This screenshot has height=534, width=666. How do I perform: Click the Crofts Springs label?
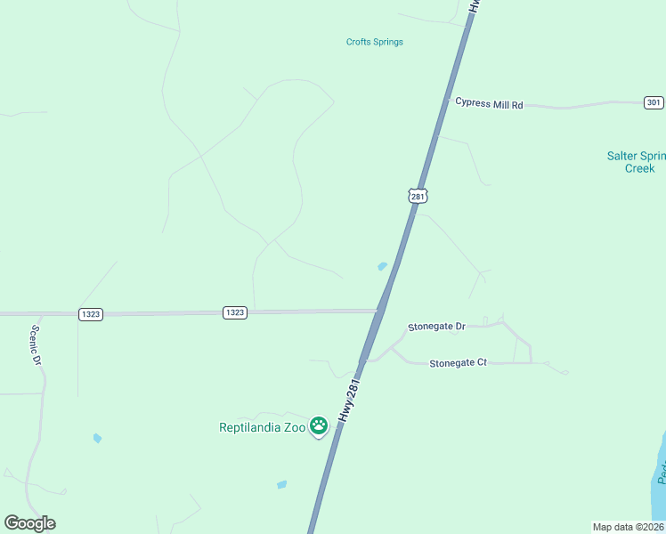point(374,42)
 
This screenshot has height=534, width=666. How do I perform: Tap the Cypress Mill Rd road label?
point(489,103)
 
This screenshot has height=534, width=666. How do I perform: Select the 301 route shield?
point(654,103)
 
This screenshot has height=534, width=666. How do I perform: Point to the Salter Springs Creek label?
point(636,162)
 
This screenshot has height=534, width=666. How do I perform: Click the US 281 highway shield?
point(418,195)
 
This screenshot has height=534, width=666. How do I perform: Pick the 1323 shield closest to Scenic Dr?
point(90,314)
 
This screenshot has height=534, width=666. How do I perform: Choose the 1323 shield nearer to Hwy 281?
point(235,312)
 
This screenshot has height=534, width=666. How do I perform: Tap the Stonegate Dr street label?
point(436,327)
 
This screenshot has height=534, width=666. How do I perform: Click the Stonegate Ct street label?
point(458,363)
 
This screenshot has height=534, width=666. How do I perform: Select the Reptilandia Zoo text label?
point(263,427)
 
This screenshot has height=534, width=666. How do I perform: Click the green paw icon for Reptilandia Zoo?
point(319,426)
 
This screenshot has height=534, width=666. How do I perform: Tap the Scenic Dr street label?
point(37,344)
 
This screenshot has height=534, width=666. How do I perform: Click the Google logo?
point(29,523)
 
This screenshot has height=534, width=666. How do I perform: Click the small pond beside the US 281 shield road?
point(383,265)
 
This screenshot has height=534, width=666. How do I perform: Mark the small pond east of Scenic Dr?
point(97,438)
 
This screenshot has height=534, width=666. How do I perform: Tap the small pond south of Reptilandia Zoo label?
point(281,485)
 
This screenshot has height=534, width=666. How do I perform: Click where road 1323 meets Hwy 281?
point(380,311)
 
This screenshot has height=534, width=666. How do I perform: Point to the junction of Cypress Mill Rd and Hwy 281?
point(444,100)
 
